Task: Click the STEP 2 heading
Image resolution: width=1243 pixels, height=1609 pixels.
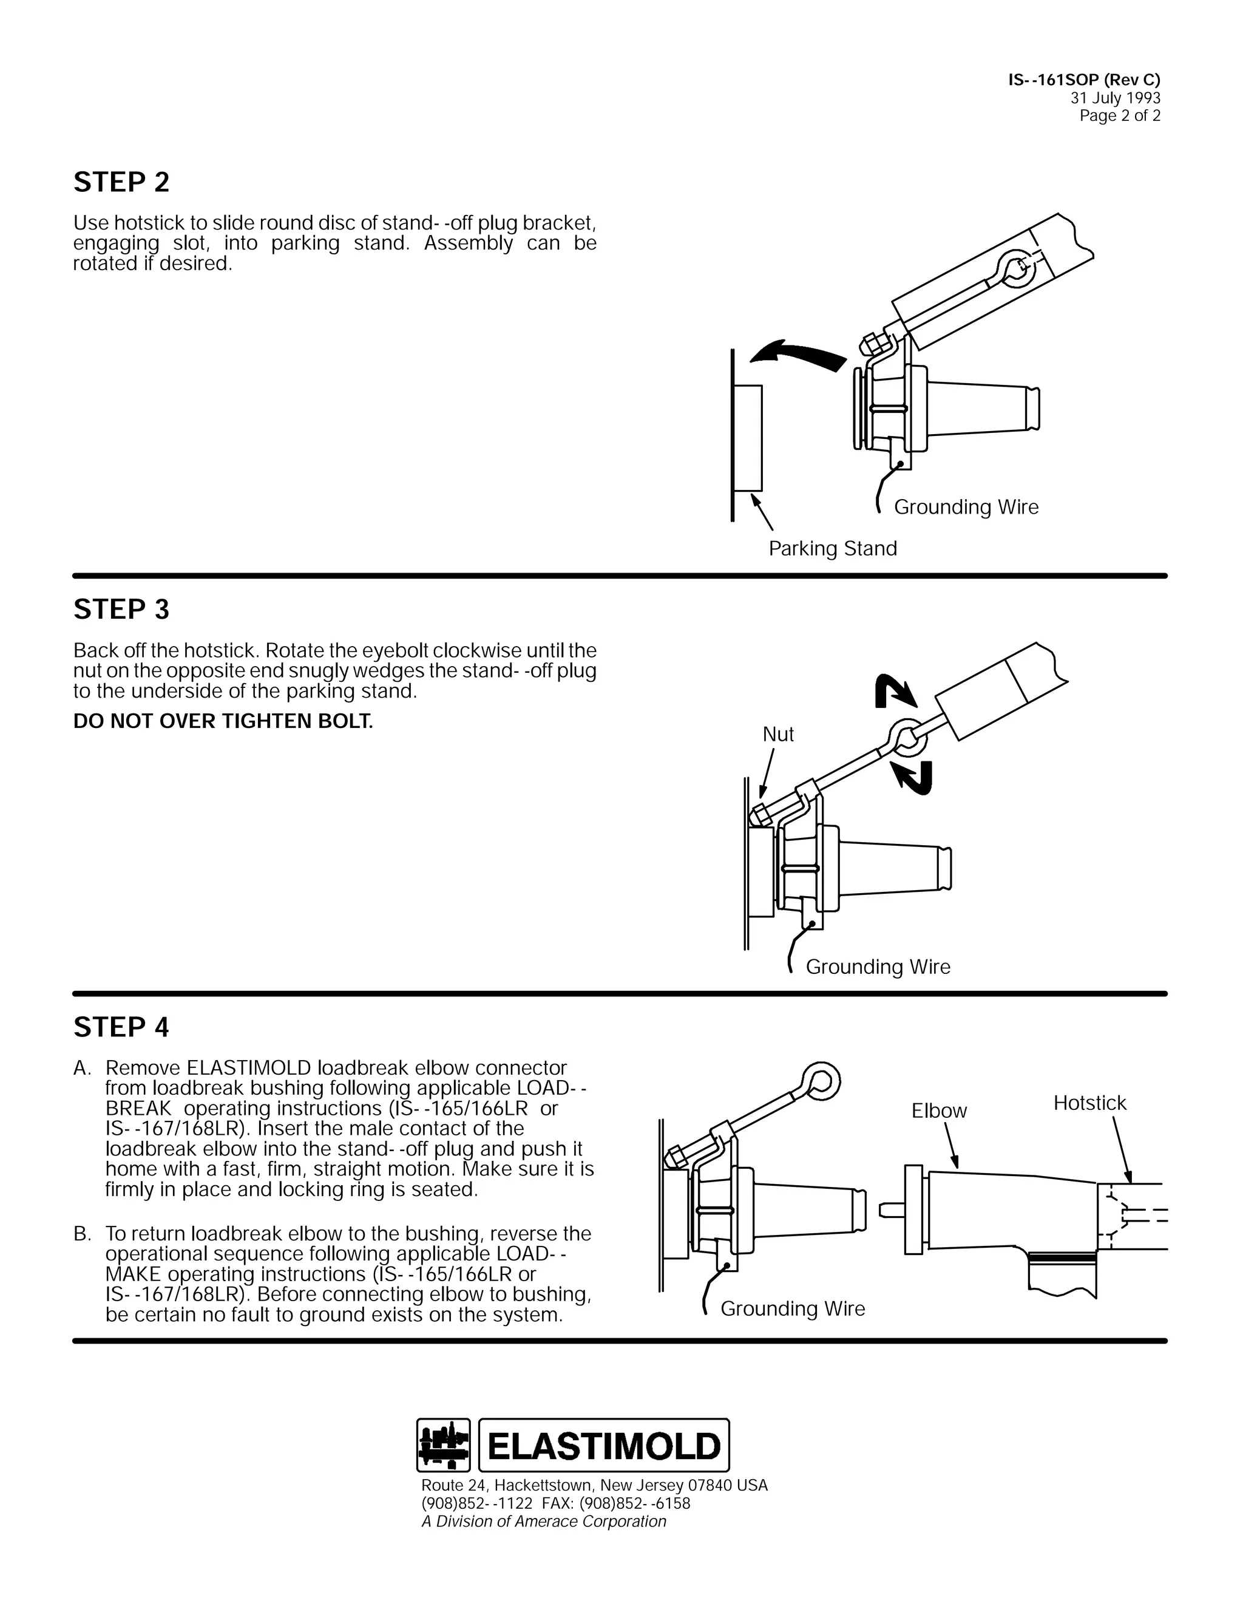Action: tap(121, 183)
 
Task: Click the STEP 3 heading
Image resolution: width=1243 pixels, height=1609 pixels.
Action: tap(121, 609)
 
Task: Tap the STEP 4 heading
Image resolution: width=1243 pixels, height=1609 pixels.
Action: tap(121, 1027)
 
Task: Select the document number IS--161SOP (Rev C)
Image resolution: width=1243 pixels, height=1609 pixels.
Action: tap(1084, 80)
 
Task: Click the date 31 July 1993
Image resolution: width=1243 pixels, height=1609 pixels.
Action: tap(1115, 98)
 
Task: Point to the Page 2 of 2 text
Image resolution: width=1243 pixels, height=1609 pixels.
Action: tap(1119, 115)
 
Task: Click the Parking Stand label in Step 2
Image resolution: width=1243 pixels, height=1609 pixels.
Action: tap(832, 549)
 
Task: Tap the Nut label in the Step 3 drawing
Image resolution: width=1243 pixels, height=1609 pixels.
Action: tap(777, 735)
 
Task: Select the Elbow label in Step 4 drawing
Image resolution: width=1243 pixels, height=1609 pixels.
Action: tap(939, 1111)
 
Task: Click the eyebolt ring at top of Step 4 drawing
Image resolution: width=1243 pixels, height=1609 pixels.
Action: tap(821, 1080)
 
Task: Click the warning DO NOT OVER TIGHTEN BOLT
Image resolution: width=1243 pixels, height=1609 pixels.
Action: tap(223, 721)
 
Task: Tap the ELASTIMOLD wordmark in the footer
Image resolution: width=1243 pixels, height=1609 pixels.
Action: tap(604, 1446)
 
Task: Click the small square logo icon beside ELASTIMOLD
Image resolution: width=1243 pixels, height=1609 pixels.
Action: tap(443, 1446)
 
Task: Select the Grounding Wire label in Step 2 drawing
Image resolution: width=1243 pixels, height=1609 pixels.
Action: tap(966, 507)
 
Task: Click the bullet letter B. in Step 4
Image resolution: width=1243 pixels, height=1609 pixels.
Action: tap(83, 1234)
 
